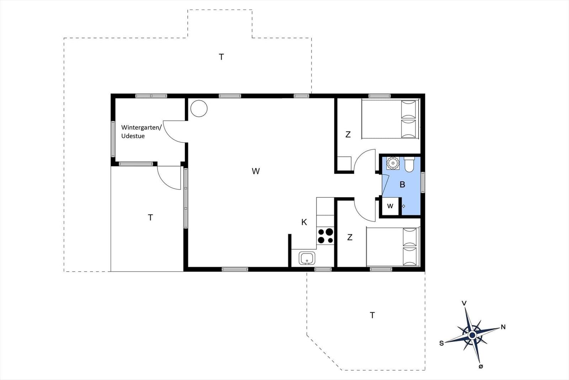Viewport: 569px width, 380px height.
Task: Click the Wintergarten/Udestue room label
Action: pyautogui.click(x=141, y=132)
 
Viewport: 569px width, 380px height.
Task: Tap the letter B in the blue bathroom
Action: pyautogui.click(x=402, y=184)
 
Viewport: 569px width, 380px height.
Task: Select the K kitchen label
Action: pyautogui.click(x=304, y=222)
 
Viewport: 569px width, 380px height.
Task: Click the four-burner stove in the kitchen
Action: pyautogui.click(x=325, y=236)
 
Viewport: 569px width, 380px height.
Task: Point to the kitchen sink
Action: pyautogui.click(x=307, y=258)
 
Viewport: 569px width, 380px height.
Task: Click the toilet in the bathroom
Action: pyautogui.click(x=409, y=164)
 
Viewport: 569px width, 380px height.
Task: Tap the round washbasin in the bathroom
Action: pyautogui.click(x=393, y=163)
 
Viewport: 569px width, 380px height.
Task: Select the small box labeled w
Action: pyautogui.click(x=390, y=206)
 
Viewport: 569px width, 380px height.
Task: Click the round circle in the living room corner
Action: pyautogui.click(x=199, y=108)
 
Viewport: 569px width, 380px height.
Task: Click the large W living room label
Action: pyautogui.click(x=256, y=171)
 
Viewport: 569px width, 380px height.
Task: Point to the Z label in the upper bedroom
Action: pyautogui.click(x=348, y=134)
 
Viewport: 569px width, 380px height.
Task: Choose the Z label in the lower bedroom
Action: pyautogui.click(x=350, y=237)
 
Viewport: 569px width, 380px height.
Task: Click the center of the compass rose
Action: pyautogui.click(x=472, y=335)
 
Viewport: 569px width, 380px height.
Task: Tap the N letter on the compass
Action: pyautogui.click(x=503, y=327)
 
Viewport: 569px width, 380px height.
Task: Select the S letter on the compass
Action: pyautogui.click(x=441, y=343)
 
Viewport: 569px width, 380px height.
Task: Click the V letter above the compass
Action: pyautogui.click(x=464, y=303)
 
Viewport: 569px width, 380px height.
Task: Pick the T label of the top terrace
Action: pyautogui.click(x=221, y=57)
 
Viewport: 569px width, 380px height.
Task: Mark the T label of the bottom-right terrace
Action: pyautogui.click(x=372, y=315)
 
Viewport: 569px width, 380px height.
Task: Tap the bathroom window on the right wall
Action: pyautogui.click(x=423, y=182)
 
